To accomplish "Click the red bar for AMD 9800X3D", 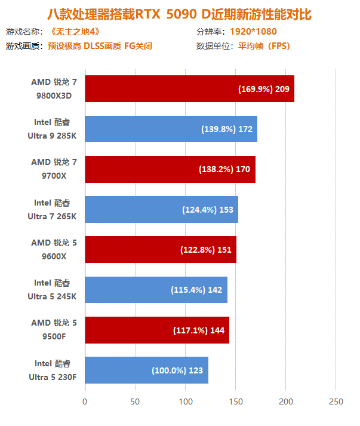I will pos(189,88).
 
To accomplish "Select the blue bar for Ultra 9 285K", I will pos(171,129).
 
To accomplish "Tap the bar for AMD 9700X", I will pos(170,169).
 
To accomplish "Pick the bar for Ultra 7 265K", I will pos(161,209).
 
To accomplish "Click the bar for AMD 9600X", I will pos(161,249).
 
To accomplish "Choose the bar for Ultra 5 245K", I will pos(156,290).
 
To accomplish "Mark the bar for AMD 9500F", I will pos(157,330).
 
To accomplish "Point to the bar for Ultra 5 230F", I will pos(146,370).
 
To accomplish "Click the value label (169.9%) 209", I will pos(264,89).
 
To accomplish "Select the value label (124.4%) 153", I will pos(207,210).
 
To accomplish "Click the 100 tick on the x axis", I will pos(185,402).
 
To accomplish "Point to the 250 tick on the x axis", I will pos(336,402).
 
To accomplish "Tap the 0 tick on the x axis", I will pos(85,402).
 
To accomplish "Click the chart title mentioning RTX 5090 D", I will pos(179,13).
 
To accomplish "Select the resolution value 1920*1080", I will pos(253,31).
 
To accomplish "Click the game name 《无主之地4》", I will pos(73,31).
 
